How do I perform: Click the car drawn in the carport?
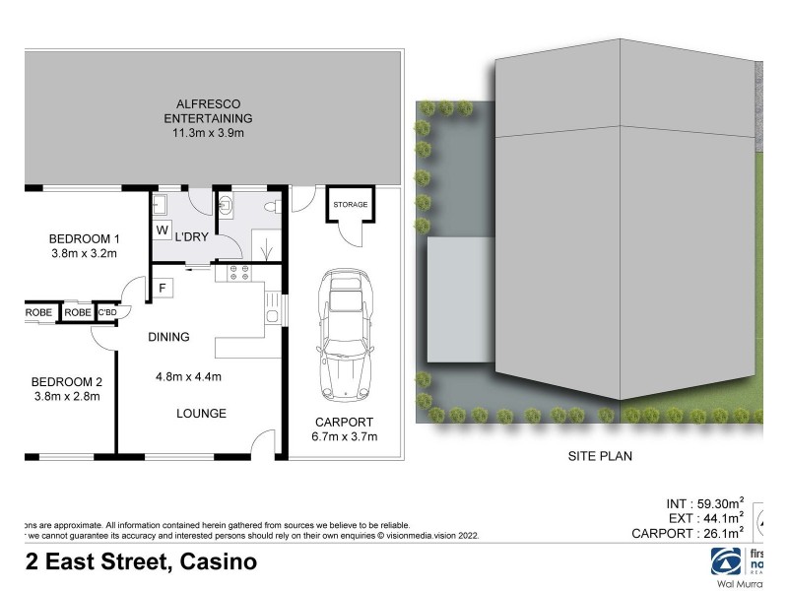(x=344, y=334)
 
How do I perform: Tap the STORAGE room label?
(x=350, y=205)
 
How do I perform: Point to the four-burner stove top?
(x=240, y=274)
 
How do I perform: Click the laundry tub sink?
(x=161, y=204)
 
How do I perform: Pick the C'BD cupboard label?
(x=107, y=313)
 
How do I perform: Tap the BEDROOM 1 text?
(x=85, y=237)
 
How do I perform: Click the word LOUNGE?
(x=202, y=414)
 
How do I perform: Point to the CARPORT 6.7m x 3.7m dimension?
(x=344, y=436)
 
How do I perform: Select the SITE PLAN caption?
(x=599, y=456)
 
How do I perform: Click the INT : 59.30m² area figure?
(x=705, y=503)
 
